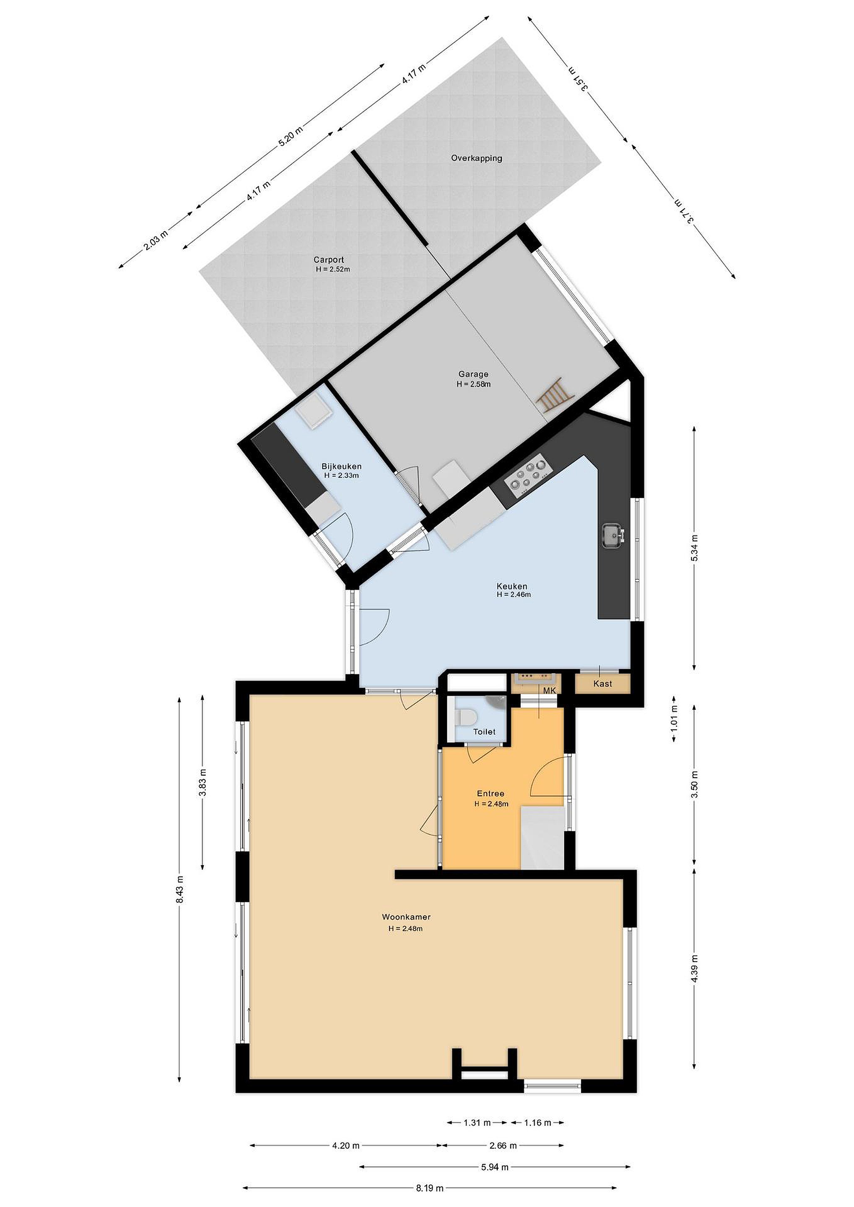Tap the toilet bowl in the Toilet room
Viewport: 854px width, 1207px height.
point(466,717)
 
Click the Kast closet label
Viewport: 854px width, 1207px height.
point(602,684)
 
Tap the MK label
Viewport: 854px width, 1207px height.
point(549,690)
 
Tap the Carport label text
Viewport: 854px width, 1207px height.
point(329,260)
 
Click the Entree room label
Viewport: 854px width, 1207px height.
point(491,794)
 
